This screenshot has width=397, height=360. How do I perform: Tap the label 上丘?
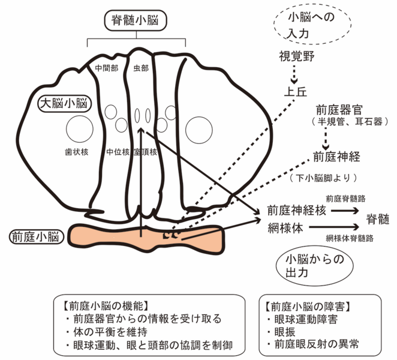point(295,92)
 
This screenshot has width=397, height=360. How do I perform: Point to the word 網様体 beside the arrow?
point(285,228)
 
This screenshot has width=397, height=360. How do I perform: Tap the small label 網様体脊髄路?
point(348,238)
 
